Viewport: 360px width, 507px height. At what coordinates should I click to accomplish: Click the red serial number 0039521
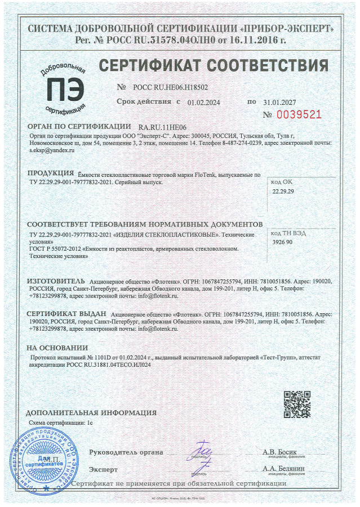[x=301, y=114]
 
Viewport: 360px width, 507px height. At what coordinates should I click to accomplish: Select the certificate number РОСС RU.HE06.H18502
[x=170, y=88]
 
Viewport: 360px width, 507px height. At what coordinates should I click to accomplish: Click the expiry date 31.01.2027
[x=279, y=103]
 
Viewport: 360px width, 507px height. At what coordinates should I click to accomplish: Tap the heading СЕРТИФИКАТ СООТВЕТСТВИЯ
[x=214, y=65]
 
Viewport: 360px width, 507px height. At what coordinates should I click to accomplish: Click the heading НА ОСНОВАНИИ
[x=57, y=348]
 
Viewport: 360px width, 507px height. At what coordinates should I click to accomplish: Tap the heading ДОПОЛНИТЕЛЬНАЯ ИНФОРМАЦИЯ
[x=83, y=412]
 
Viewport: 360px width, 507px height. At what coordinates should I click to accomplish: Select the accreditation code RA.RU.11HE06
[x=162, y=128]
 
